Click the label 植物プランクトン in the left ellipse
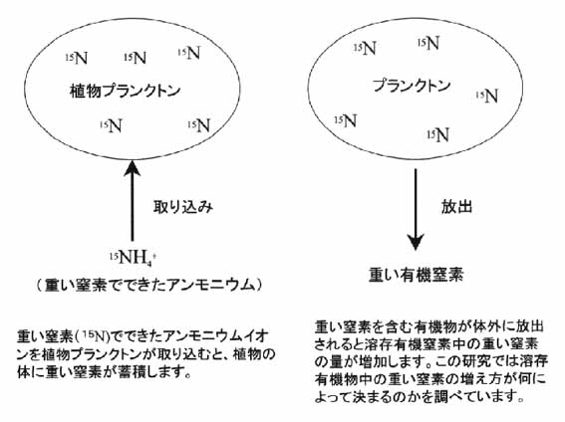[x=125, y=91]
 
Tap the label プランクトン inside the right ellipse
[x=412, y=86]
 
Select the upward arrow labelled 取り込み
[x=132, y=201]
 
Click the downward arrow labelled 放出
[x=416, y=209]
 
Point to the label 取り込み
[x=183, y=207]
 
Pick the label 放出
[x=456, y=207]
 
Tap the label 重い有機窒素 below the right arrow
[x=417, y=276]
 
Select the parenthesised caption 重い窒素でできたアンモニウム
[x=148, y=286]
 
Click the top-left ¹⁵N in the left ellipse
[x=77, y=58]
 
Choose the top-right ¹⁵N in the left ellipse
[x=189, y=53]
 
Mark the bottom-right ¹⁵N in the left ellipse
[x=198, y=126]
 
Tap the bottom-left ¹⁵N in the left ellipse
[x=111, y=126]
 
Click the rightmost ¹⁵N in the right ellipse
[x=487, y=97]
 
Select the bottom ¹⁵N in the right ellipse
[x=437, y=135]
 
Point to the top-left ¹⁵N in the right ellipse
[x=365, y=48]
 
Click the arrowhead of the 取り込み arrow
[x=132, y=167]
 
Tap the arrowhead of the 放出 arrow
[x=416, y=243]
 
